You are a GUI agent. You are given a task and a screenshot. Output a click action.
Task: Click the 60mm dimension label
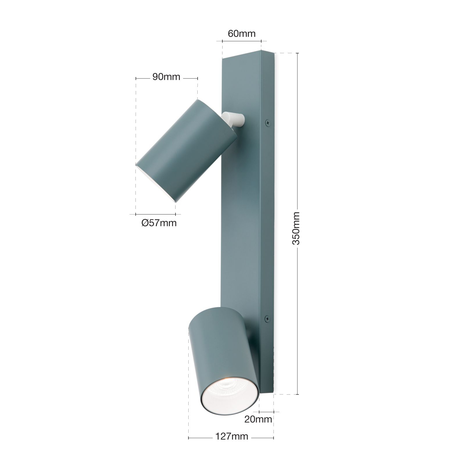(x=242, y=34)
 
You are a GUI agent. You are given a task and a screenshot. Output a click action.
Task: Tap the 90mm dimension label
(x=166, y=77)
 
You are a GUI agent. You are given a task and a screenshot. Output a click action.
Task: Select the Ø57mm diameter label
(x=159, y=223)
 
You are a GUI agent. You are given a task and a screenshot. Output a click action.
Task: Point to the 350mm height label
(x=296, y=228)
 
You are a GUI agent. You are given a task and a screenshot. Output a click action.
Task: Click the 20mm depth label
(x=258, y=419)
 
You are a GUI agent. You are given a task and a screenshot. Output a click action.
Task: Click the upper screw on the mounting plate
(x=267, y=123)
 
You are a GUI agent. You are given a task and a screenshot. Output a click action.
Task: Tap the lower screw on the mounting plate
(x=267, y=319)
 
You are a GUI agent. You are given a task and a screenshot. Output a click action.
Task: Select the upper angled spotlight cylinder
(x=186, y=151)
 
